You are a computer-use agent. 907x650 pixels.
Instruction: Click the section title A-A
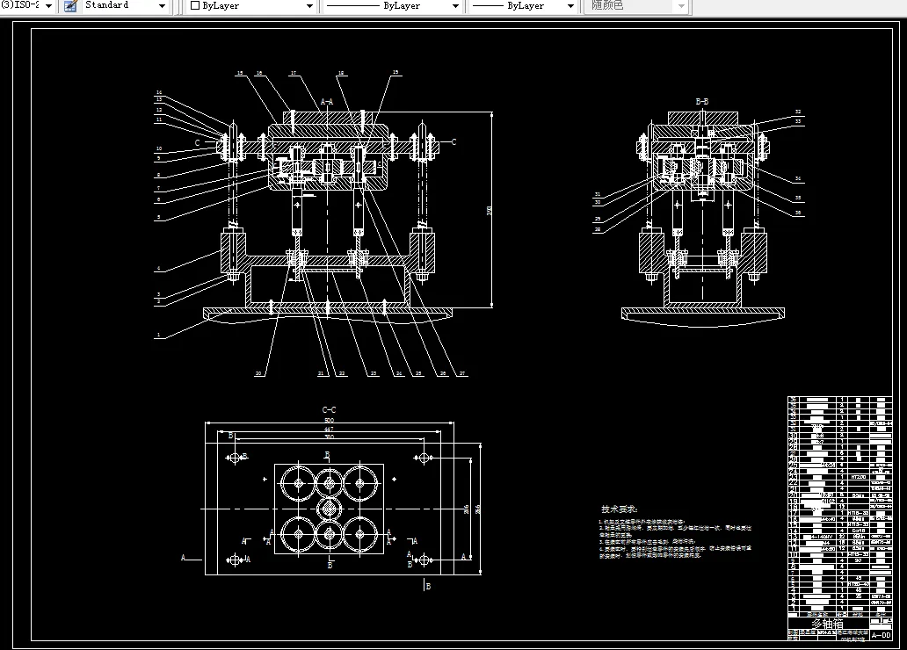click(326, 102)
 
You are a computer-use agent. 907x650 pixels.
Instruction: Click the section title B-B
click(701, 102)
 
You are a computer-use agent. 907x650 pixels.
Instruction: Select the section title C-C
click(330, 409)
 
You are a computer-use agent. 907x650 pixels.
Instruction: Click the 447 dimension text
click(330, 430)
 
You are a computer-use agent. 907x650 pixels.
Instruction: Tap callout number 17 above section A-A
click(294, 73)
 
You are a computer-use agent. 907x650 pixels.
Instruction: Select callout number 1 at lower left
click(157, 335)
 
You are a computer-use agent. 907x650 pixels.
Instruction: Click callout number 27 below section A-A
click(463, 373)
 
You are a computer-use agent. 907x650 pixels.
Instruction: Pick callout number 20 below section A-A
click(258, 373)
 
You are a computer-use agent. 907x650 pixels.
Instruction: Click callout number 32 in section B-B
click(797, 112)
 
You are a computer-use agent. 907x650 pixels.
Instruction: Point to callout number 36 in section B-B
click(797, 213)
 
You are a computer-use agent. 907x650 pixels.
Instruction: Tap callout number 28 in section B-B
click(597, 229)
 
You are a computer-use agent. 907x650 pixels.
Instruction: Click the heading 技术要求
click(620, 509)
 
